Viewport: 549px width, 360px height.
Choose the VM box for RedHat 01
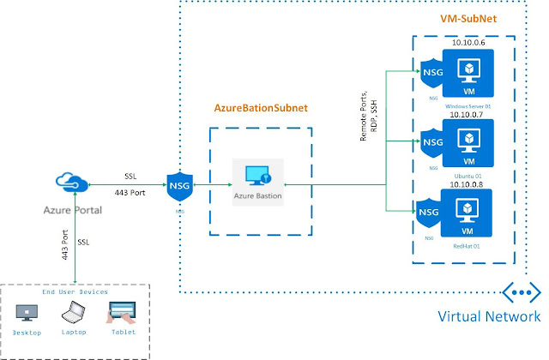click(469, 213)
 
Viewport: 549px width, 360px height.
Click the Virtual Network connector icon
click(520, 292)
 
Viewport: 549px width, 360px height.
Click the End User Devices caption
click(75, 291)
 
